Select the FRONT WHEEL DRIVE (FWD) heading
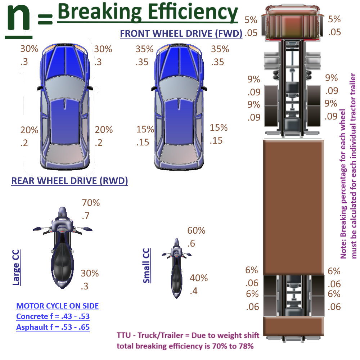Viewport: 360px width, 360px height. point(181,33)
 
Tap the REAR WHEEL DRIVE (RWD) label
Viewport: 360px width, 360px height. point(69,181)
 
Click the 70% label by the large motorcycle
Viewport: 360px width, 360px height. point(90,203)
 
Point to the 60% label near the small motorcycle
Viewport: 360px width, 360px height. point(196,230)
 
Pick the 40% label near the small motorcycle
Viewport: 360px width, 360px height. point(199,278)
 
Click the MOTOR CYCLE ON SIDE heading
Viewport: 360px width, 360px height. point(58,306)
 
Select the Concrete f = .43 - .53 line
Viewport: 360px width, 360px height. point(53,317)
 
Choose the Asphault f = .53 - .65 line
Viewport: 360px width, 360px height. point(53,327)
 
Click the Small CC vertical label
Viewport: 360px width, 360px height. point(147,265)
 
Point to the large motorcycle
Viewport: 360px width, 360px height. point(63,248)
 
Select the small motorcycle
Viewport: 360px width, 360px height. point(176,268)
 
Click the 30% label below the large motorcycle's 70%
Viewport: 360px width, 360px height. point(90,273)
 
